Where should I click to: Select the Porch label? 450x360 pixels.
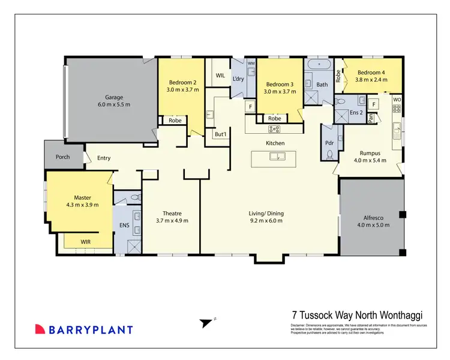point(62,157)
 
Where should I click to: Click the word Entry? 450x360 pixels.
point(104,158)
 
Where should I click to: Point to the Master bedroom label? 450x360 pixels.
point(82,197)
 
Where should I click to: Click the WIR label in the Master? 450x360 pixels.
point(86,241)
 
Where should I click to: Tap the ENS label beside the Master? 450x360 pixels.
point(124,225)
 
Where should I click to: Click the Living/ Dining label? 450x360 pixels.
point(266,213)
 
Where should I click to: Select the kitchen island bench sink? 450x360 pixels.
point(277,157)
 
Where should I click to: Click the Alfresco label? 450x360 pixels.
point(373,218)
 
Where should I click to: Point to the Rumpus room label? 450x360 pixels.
point(369,153)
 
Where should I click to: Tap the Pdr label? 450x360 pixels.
point(329,143)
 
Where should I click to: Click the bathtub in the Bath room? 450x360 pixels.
point(318,64)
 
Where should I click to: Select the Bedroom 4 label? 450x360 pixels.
point(370,72)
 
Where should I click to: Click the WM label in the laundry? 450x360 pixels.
point(251,63)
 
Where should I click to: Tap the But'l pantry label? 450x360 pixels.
point(220,134)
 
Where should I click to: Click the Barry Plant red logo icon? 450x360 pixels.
point(40,329)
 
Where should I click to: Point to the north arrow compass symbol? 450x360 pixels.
point(208,322)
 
